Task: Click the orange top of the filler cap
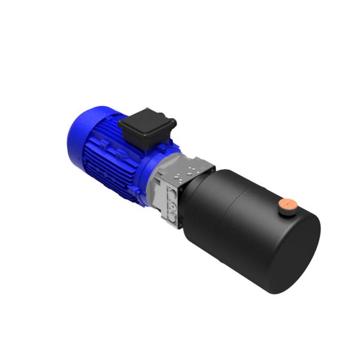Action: (x=289, y=205)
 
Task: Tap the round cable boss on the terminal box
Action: (x=175, y=123)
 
